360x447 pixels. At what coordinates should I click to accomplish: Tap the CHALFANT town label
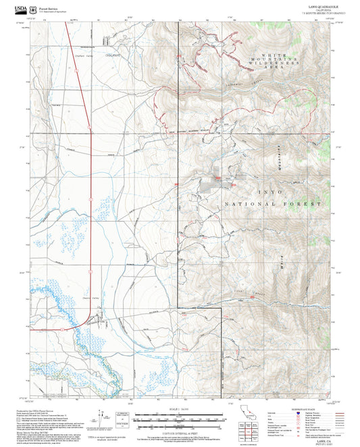(112, 54)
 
